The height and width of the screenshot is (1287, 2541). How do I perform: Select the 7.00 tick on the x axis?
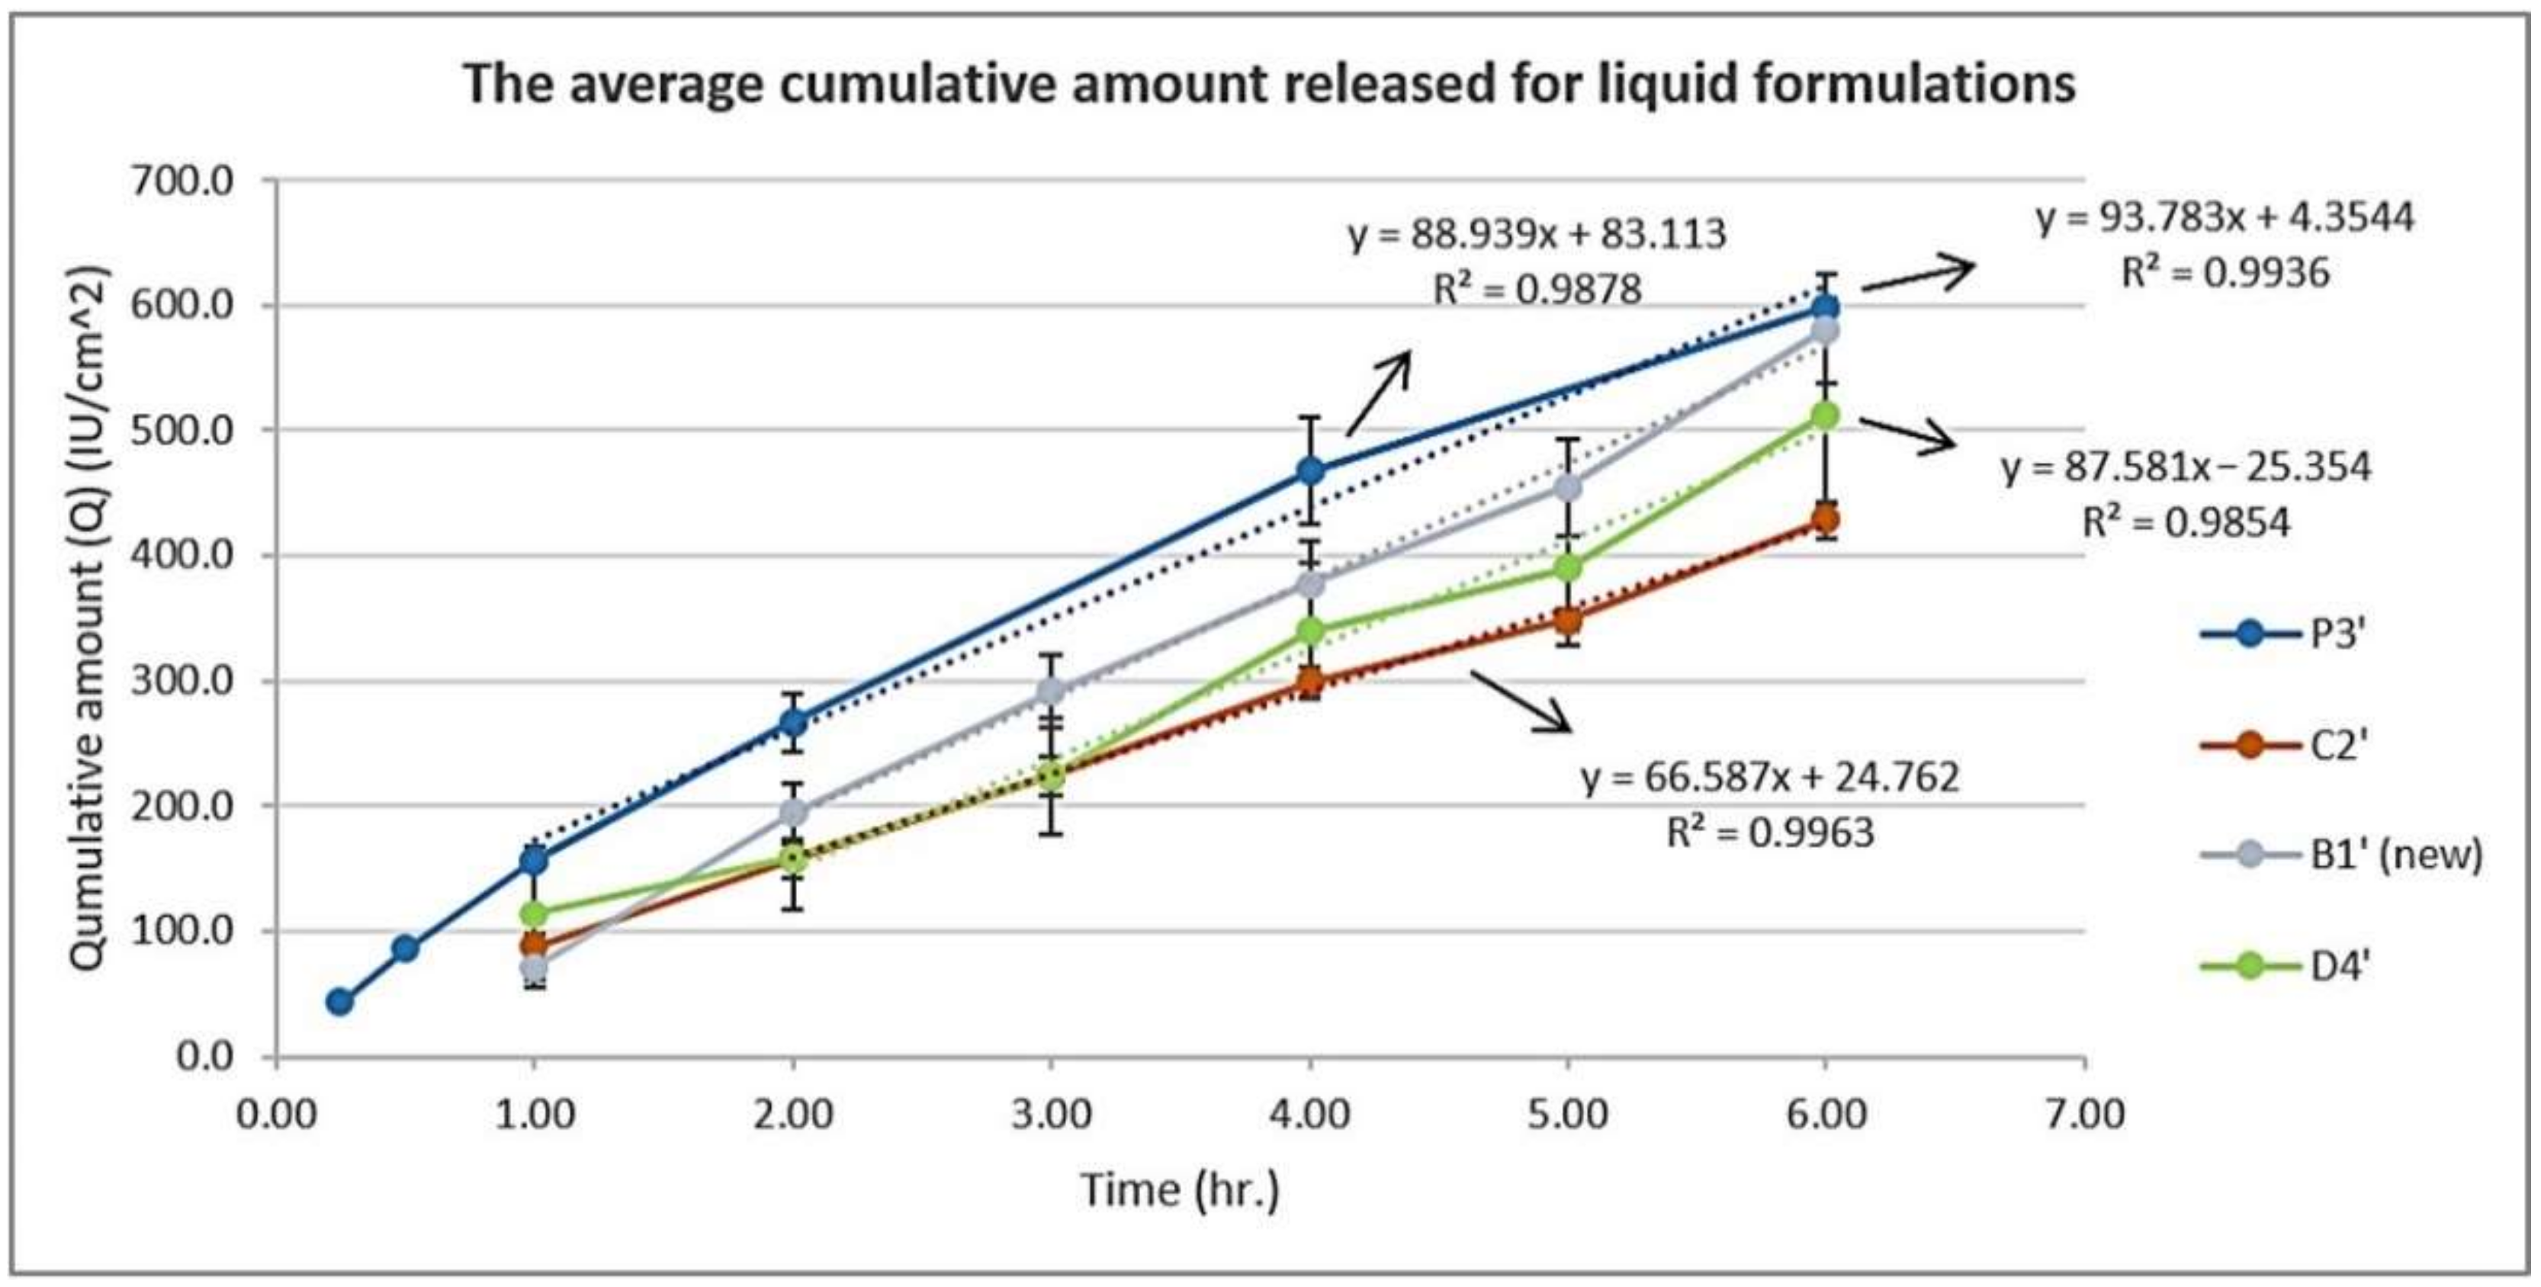point(2084,1115)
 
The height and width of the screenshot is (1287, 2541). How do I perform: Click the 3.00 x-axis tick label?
point(1052,1115)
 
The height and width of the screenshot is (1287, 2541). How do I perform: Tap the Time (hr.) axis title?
point(1181,1189)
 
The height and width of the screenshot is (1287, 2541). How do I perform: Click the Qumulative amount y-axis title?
point(88,618)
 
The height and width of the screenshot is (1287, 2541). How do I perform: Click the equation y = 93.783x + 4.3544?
point(2225,217)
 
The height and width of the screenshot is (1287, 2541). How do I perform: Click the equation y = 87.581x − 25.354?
point(2186,467)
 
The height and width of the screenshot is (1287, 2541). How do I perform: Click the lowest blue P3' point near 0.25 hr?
point(339,1002)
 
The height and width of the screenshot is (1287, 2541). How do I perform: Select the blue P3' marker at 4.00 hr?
point(1310,470)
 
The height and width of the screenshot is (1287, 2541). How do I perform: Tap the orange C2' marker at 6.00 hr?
point(1826,520)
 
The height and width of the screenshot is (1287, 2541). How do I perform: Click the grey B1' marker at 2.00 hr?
point(794,812)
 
